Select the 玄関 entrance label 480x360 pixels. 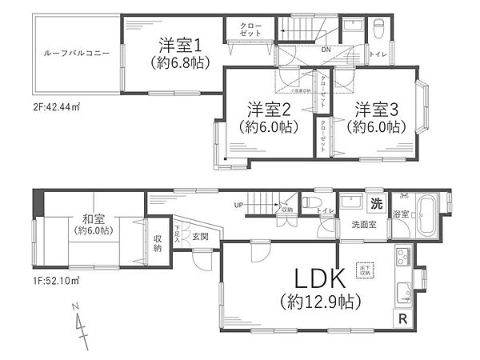coord(200,238)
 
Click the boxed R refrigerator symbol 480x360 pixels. coord(401,318)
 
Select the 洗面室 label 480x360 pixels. coord(362,225)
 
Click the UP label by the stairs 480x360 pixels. coord(238,205)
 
